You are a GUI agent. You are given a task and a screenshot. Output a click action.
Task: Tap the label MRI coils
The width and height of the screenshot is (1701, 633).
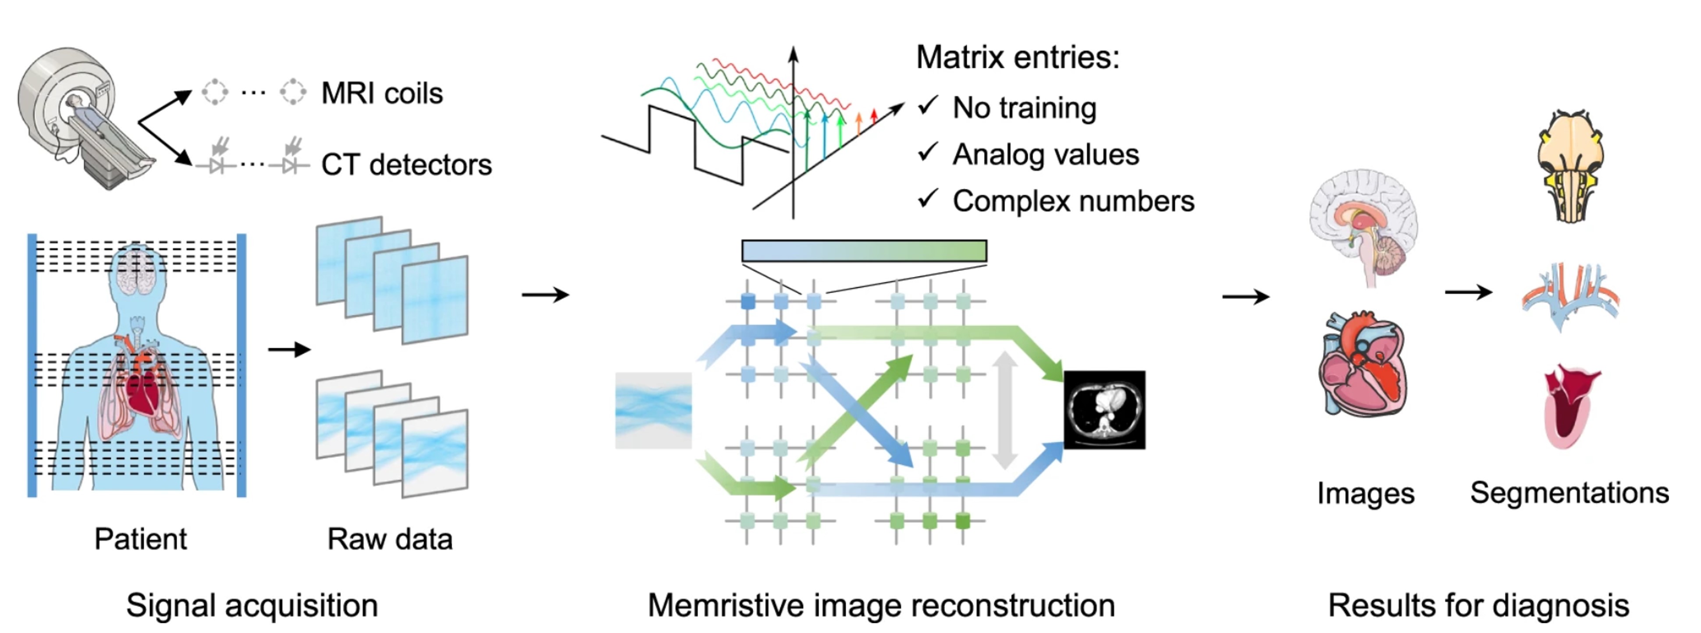pyautogui.click(x=382, y=93)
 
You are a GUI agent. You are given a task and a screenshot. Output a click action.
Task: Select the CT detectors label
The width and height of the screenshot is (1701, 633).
pyautogui.click(x=406, y=165)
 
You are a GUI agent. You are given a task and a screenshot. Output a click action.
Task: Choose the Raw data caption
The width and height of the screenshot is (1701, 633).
pyautogui.click(x=390, y=539)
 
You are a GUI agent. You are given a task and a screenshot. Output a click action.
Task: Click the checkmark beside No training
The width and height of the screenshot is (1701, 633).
pyautogui.click(x=928, y=106)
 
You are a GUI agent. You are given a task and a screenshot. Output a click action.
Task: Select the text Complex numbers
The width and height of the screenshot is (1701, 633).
pyautogui.click(x=1073, y=201)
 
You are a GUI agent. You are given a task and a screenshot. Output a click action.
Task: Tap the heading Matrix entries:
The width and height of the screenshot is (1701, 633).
pyautogui.click(x=1017, y=57)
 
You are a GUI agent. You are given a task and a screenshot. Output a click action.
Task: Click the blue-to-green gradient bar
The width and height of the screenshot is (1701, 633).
pyautogui.click(x=864, y=251)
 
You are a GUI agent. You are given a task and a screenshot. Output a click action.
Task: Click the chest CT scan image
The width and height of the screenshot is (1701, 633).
pyautogui.click(x=1105, y=410)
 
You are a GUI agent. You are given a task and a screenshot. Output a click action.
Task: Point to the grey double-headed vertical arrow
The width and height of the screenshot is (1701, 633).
pyautogui.click(x=1004, y=410)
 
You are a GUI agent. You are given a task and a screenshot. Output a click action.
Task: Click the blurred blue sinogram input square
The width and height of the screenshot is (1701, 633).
pyautogui.click(x=653, y=410)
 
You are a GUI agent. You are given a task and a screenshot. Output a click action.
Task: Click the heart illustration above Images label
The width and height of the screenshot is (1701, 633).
pyautogui.click(x=1363, y=363)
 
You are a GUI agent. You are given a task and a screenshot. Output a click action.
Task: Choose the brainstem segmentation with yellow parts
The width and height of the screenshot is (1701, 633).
pyautogui.click(x=1570, y=165)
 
